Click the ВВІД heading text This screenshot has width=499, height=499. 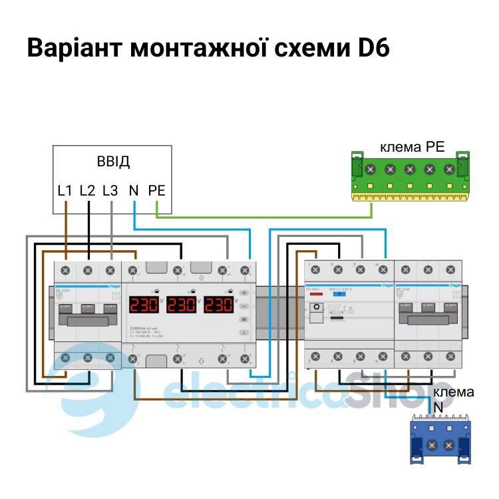[113, 162]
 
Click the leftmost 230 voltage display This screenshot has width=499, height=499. [144, 305]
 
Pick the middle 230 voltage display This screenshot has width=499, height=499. [182, 305]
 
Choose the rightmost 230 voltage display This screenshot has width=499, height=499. [219, 305]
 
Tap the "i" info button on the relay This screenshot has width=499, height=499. [244, 331]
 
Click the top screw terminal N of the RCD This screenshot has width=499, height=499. [382, 270]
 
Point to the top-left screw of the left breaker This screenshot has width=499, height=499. [66, 270]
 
